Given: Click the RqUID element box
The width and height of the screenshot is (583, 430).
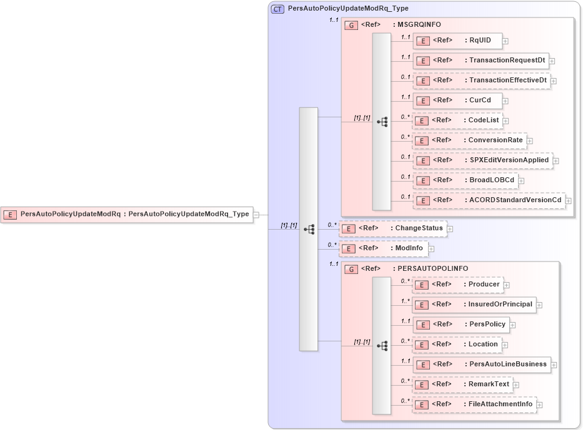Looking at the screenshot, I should [x=457, y=41].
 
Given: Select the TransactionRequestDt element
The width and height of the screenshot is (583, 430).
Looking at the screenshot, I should [x=481, y=61].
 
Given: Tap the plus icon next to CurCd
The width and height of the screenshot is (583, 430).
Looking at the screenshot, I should [x=506, y=101].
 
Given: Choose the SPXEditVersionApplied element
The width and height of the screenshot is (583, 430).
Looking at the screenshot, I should [x=482, y=160].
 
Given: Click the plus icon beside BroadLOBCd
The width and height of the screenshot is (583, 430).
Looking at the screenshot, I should [x=521, y=181].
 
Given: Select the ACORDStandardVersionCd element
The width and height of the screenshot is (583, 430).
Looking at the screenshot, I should [x=489, y=200].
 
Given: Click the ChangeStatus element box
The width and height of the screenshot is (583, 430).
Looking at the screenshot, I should [x=393, y=228].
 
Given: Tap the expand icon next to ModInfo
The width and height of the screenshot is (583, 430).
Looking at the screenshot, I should [x=431, y=249].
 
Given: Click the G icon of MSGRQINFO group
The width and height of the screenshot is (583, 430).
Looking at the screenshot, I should [x=352, y=26].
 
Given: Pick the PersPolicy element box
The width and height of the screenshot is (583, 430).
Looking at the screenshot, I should [x=460, y=325].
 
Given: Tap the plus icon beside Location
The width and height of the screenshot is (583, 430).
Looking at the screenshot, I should [x=505, y=345].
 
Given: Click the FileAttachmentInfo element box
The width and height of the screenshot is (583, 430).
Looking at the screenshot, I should [x=474, y=404].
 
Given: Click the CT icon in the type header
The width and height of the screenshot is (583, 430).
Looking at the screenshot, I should [x=277, y=9].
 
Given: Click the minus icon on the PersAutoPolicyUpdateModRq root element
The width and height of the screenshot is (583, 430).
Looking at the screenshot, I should [x=256, y=215].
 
